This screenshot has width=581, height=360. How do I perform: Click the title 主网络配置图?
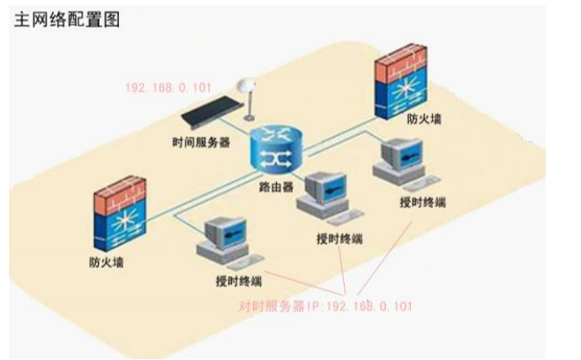[67, 19]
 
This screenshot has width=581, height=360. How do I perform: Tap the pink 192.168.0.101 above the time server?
[168, 88]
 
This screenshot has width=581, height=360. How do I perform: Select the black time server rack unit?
[212, 110]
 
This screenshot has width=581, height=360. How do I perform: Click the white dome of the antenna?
[246, 86]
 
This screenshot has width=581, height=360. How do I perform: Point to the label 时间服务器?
[201, 142]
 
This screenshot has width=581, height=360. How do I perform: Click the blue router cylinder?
[276, 148]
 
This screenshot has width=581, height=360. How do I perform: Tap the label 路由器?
[276, 187]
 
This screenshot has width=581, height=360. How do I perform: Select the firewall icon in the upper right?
[401, 82]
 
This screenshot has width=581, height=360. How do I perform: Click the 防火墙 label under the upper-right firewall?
[424, 119]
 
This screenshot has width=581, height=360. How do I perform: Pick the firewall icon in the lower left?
[119, 214]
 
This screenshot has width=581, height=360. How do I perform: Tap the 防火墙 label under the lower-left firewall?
[107, 262]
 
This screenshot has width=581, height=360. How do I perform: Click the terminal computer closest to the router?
[328, 197]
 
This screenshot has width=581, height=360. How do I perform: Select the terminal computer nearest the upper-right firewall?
[404, 162]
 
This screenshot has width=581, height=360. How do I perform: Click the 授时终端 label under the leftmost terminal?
[239, 281]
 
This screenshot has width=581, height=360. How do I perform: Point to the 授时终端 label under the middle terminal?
[339, 239]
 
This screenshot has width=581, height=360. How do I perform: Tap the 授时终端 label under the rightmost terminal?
[423, 202]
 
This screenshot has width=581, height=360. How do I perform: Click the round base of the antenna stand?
[249, 118]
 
